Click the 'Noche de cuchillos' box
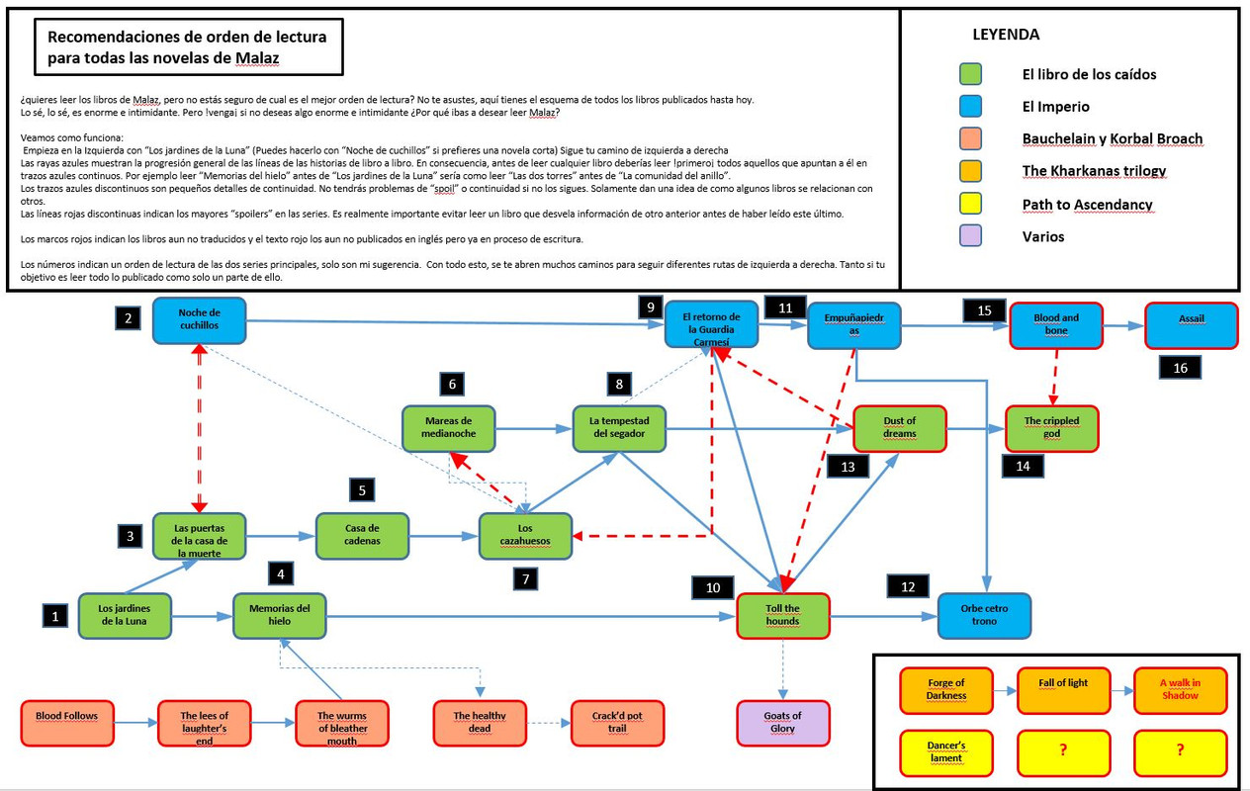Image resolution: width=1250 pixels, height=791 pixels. (199, 320)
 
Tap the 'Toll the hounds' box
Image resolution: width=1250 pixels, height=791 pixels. (783, 615)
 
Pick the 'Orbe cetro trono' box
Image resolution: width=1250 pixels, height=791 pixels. (983, 615)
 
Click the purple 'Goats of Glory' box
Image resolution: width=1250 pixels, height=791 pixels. (783, 723)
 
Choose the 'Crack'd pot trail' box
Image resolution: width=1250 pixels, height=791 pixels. (617, 723)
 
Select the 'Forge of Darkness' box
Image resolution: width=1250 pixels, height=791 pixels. (946, 690)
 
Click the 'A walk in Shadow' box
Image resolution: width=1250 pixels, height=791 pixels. (1180, 690)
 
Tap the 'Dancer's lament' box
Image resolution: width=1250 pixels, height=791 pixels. (946, 751)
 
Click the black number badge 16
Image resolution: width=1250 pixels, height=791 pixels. (1181, 368)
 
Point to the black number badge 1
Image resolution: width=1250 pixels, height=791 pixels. (55, 615)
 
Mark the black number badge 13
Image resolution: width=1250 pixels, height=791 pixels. (848, 467)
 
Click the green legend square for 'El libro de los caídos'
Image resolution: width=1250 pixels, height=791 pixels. (970, 74)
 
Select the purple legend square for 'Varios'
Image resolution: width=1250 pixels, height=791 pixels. (970, 236)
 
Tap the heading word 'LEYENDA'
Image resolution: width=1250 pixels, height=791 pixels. (1006, 35)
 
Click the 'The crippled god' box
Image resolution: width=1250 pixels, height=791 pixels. (1051, 427)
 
